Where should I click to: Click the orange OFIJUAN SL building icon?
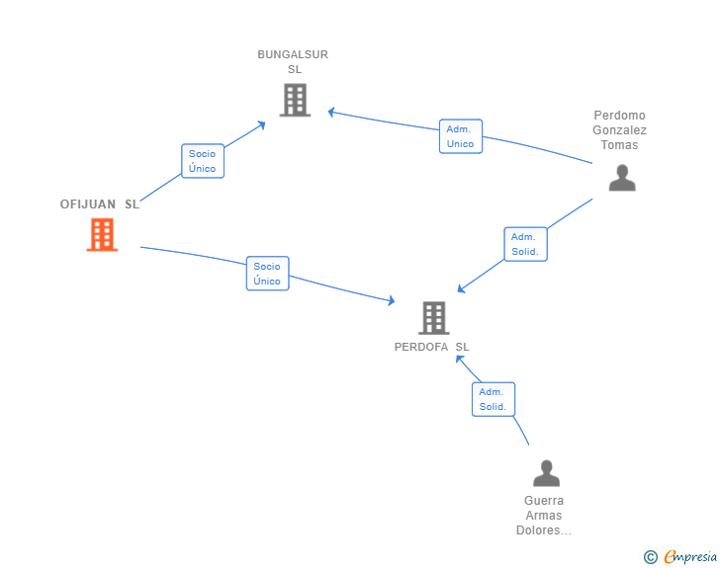click(102, 234)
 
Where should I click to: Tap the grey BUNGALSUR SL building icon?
click(295, 100)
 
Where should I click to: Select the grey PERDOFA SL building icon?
click(433, 318)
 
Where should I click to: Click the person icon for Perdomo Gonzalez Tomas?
click(622, 178)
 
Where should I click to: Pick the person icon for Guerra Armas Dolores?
click(546, 473)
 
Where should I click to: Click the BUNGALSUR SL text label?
click(293, 62)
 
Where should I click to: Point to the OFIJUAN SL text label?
click(100, 204)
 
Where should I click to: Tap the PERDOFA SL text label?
click(431, 347)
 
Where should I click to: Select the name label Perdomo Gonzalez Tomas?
click(619, 130)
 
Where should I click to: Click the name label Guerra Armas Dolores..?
click(544, 516)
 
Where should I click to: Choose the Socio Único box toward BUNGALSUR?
click(203, 161)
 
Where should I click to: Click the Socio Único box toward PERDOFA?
click(268, 274)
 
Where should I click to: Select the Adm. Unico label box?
click(461, 136)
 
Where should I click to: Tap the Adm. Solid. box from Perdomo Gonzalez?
click(525, 244)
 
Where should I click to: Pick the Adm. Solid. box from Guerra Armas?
click(494, 399)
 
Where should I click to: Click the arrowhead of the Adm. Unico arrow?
click(330, 112)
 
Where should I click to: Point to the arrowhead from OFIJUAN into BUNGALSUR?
click(262, 124)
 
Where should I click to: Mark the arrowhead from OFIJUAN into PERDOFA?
click(392, 300)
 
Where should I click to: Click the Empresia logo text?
click(690, 556)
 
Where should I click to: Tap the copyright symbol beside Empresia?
click(651, 557)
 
